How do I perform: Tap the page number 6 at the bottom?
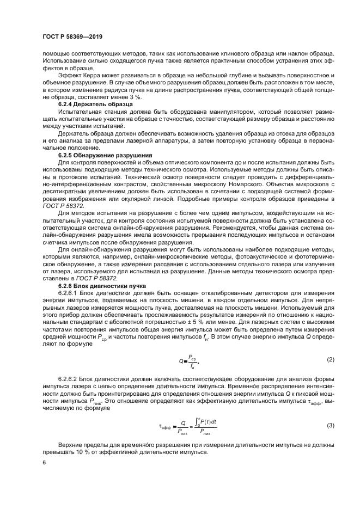(44, 462)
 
